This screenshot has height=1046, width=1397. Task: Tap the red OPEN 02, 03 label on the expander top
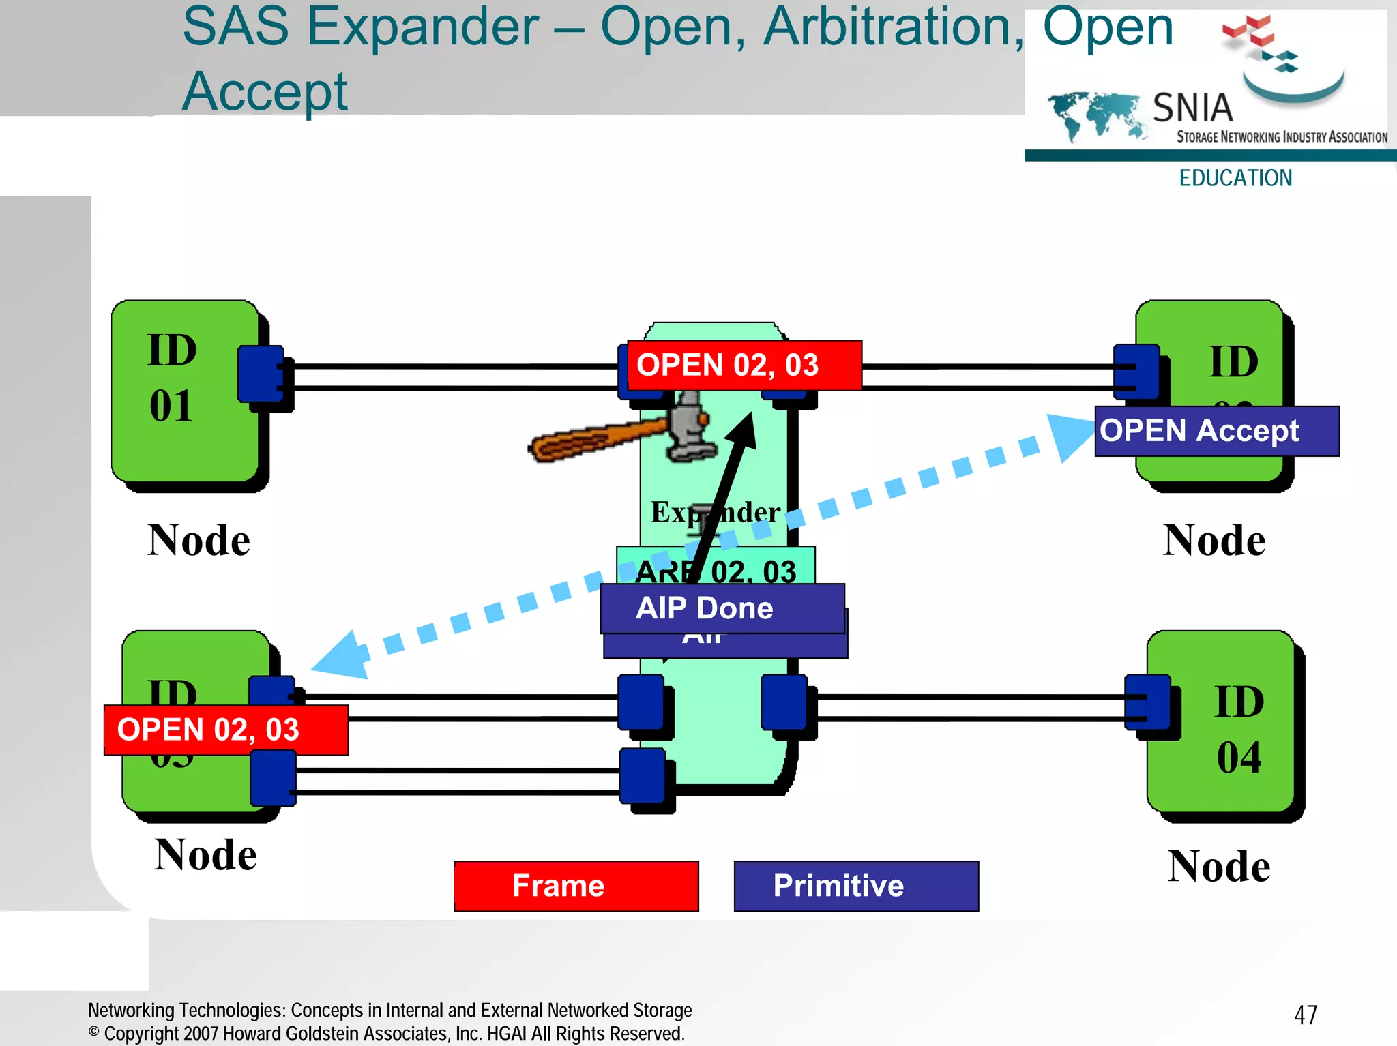(744, 365)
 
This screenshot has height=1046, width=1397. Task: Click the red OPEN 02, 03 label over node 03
(225, 730)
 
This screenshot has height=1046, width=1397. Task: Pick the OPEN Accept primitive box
(1216, 431)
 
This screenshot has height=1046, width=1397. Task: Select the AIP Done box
(722, 608)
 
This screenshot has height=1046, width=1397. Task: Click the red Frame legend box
(576, 885)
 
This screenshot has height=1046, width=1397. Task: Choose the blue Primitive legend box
(855, 885)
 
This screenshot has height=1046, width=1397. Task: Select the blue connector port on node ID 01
(261, 374)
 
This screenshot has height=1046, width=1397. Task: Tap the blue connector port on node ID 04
(1147, 702)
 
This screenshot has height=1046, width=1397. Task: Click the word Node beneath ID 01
(198, 540)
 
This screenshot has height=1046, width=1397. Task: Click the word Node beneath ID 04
(1218, 866)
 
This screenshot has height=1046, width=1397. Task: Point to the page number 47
(1305, 1015)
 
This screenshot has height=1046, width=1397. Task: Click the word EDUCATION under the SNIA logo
(1235, 178)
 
